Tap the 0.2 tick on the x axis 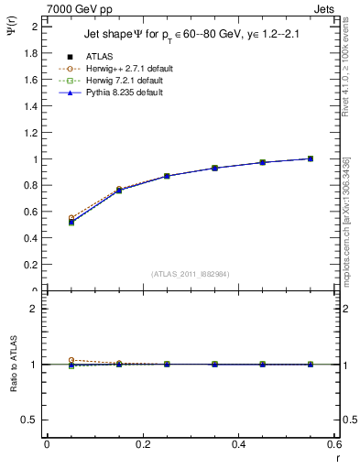142,444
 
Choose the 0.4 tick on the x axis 238,444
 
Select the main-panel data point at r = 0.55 311,158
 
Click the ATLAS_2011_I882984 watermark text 191,273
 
